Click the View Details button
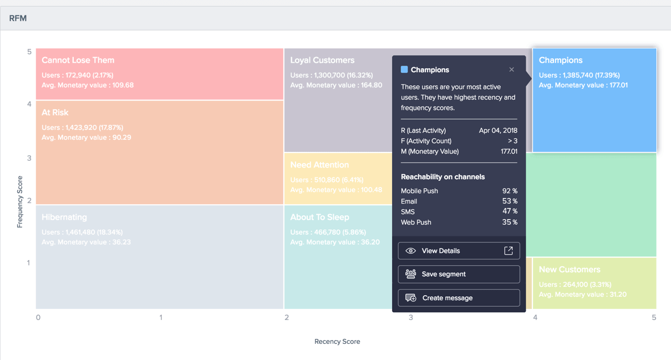click(x=459, y=251)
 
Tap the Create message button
click(x=459, y=298)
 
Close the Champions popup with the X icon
click(x=511, y=70)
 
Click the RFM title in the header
click(x=18, y=18)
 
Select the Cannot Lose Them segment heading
click(x=78, y=60)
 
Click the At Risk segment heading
click(x=55, y=113)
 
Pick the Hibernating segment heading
click(x=64, y=217)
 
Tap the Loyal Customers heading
click(x=322, y=60)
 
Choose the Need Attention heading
click(x=319, y=165)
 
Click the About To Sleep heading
click(x=319, y=217)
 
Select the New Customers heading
click(x=570, y=270)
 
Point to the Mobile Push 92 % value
click(x=510, y=191)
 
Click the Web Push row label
click(x=416, y=222)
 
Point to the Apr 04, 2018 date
click(x=498, y=130)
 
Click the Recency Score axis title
click(x=337, y=342)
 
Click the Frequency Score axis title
click(x=20, y=202)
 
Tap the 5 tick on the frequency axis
click(x=29, y=52)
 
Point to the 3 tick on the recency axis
click(x=411, y=317)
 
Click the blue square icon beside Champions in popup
click(x=404, y=70)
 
